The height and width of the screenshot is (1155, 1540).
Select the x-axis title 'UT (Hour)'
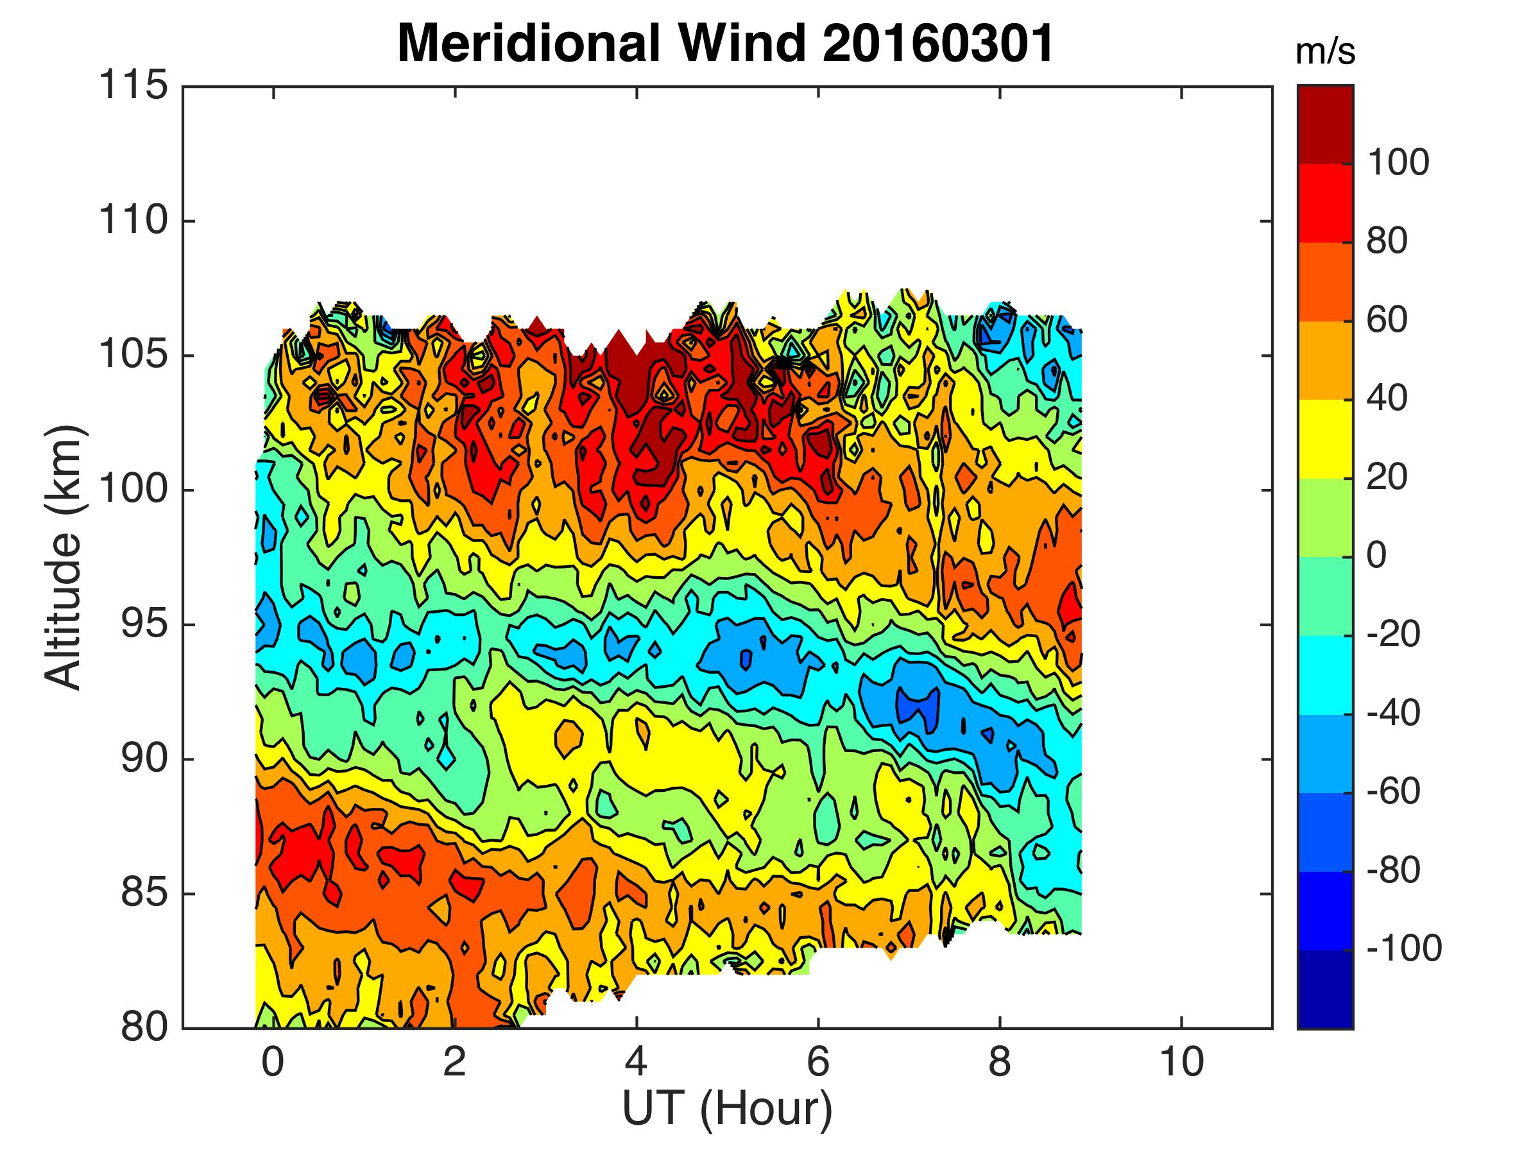[727, 1108]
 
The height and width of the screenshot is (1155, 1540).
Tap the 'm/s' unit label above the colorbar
[1325, 53]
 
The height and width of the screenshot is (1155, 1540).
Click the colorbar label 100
[1398, 163]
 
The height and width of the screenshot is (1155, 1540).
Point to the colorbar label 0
[1376, 556]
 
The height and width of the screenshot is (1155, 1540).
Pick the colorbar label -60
[1393, 791]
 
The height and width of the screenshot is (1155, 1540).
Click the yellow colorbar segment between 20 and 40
[1325, 439]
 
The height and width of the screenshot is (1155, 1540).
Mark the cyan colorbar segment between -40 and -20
[1325, 674]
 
